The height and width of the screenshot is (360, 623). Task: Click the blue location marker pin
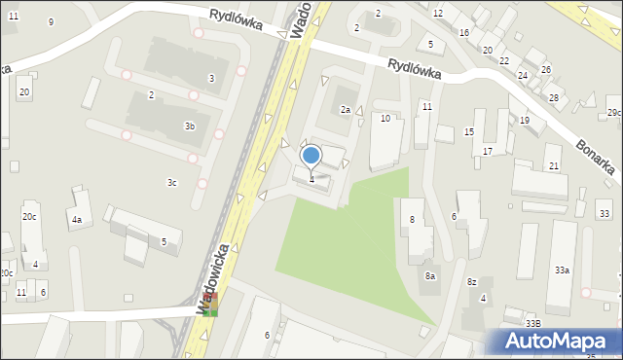(x=311, y=155)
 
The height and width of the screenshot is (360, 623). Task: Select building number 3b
(x=190, y=126)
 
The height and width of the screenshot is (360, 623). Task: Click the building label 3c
(x=172, y=182)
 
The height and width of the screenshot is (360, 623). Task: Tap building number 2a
(x=345, y=110)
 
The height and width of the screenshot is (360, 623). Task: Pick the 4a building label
(x=76, y=220)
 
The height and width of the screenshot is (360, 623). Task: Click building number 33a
(x=562, y=270)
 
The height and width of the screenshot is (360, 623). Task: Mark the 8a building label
(x=430, y=276)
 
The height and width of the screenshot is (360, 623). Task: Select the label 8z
(x=472, y=281)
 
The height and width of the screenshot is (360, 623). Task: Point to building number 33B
(x=532, y=323)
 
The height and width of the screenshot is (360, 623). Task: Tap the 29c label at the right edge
(x=613, y=113)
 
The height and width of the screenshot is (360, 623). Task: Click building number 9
(x=51, y=21)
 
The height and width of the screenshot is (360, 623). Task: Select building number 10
(x=385, y=118)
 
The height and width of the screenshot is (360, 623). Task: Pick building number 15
(x=468, y=131)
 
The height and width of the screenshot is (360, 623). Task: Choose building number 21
(x=553, y=166)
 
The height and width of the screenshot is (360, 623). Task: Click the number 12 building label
(x=438, y=13)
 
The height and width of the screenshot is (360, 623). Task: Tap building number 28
(x=553, y=98)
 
